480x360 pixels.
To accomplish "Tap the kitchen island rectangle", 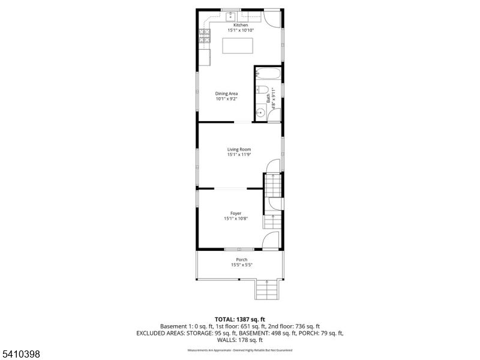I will [238, 46].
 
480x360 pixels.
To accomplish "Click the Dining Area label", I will [227, 94].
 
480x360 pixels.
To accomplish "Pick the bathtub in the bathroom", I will [268, 75].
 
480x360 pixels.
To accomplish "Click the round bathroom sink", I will [261, 112].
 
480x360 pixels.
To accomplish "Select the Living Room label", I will [239, 149].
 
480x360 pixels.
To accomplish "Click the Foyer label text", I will [236, 213].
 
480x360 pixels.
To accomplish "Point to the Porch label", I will [241, 260].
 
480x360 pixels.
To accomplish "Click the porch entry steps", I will [268, 290].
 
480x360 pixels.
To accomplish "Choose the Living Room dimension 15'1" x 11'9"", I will [239, 155].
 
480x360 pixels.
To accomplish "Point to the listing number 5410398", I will [20, 355].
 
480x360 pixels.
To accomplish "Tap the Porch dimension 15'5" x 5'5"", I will [241, 265].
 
